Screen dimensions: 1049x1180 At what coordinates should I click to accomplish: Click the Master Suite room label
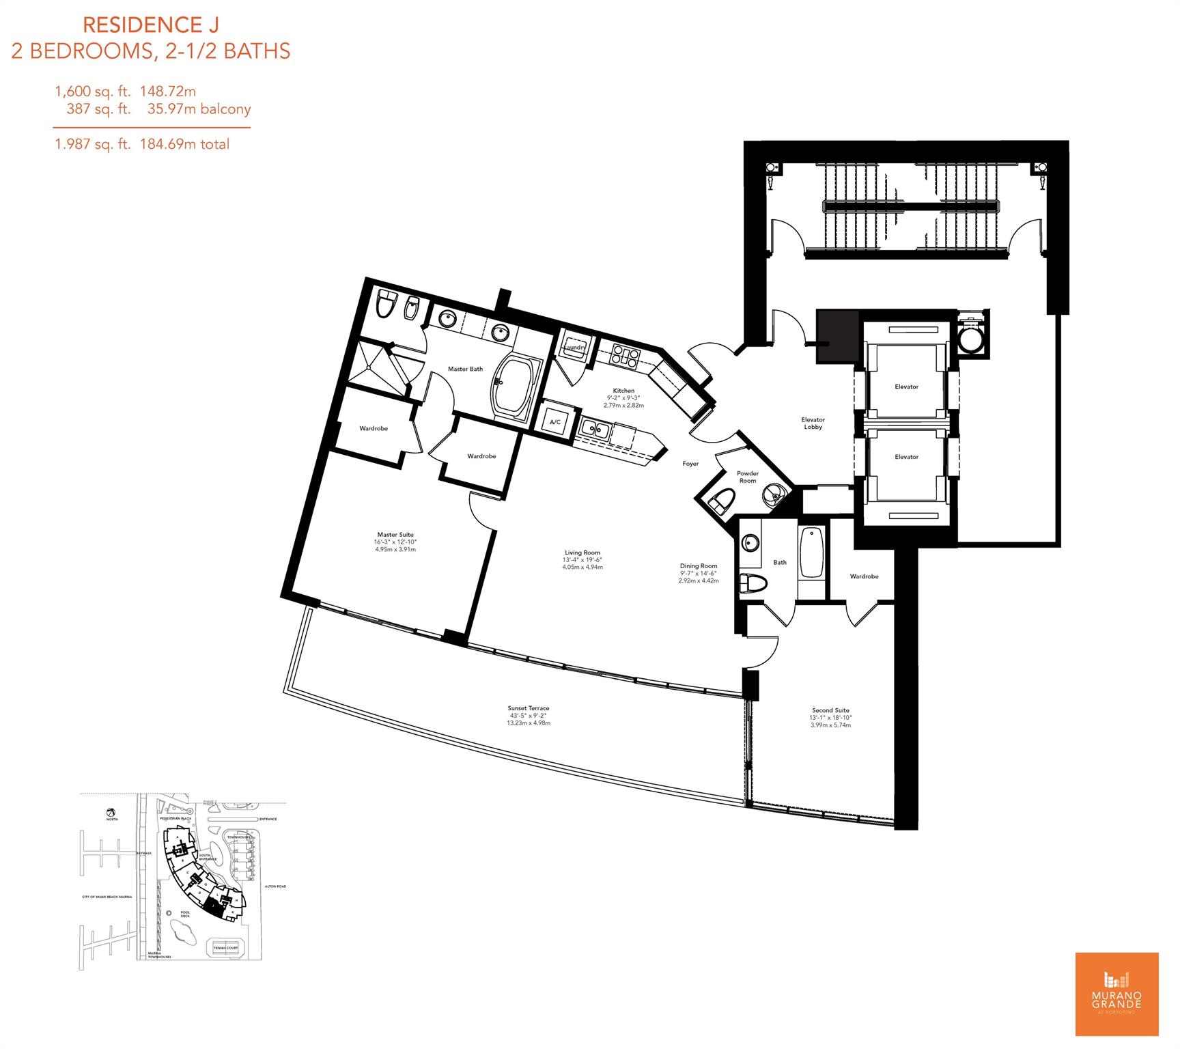tap(395, 535)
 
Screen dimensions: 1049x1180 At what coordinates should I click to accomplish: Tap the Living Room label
tap(582, 553)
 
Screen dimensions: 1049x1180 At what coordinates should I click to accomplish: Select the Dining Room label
tap(699, 565)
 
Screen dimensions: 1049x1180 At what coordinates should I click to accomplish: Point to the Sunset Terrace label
tap(528, 708)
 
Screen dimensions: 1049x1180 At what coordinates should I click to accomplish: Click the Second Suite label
tap(830, 710)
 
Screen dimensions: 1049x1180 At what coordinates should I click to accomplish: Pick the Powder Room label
tap(747, 477)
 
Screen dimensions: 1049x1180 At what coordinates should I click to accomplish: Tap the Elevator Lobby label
tap(813, 423)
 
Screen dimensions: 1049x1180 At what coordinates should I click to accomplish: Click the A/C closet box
tap(554, 422)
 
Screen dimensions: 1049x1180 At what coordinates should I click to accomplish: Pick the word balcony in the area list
tap(225, 109)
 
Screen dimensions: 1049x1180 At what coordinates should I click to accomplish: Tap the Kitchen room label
tap(623, 391)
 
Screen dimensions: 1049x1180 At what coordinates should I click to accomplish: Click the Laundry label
tap(574, 348)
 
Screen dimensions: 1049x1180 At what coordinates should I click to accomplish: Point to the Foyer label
tap(690, 464)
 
